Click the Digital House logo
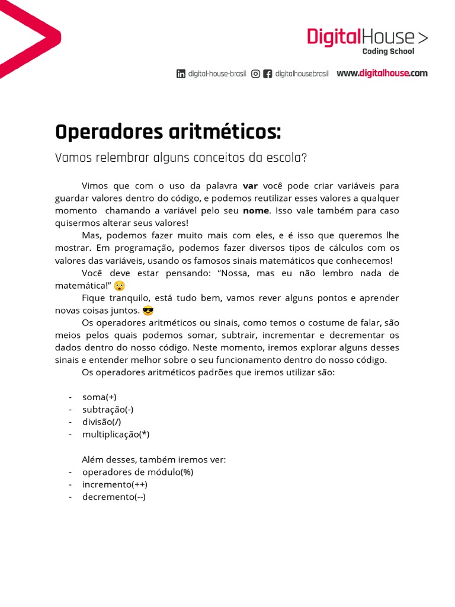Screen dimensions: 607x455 tap(367, 37)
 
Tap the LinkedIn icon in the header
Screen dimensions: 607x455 tap(181, 74)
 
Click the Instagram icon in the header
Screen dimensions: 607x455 tap(255, 74)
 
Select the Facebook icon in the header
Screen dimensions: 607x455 tap(268, 74)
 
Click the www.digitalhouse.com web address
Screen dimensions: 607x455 tap(382, 74)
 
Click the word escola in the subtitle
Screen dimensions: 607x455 tap(286, 159)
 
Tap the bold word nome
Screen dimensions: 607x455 tap(255, 210)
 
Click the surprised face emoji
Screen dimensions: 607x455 tap(120, 286)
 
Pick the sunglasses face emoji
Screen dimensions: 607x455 tap(148, 311)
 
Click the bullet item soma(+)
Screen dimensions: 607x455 tap(104, 397)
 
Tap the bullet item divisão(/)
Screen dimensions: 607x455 tap(102, 421)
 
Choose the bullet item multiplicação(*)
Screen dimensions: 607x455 tap(116, 435)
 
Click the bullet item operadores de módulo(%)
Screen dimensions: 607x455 tap(138, 472)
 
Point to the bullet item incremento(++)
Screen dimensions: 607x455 tap(115, 484)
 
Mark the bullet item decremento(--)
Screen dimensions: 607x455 tap(114, 497)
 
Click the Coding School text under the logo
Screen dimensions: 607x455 tap(388, 52)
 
